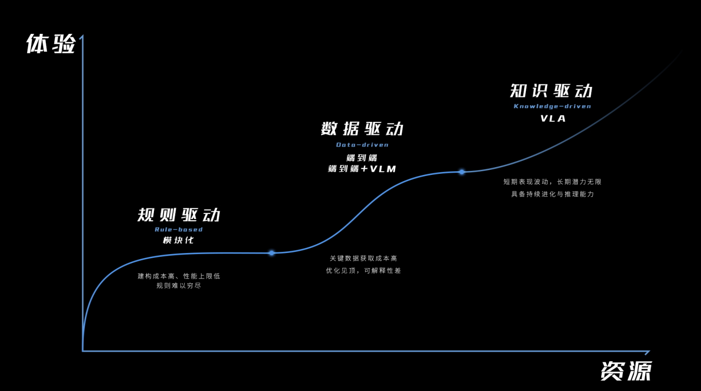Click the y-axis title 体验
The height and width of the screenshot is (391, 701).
pyautogui.click(x=50, y=44)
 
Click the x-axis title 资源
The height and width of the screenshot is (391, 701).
pyautogui.click(x=626, y=371)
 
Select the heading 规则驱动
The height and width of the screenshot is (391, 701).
pyautogui.click(x=179, y=215)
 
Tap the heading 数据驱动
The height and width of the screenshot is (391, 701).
pyautogui.click(x=362, y=129)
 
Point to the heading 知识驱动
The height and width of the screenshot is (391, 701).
pyautogui.click(x=551, y=91)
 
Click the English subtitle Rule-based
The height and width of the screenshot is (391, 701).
pyautogui.click(x=179, y=229)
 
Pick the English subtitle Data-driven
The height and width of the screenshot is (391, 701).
pyautogui.click(x=362, y=145)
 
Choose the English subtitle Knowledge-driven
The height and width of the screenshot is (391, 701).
pyautogui.click(x=552, y=106)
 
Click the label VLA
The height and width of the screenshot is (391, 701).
pyautogui.click(x=553, y=118)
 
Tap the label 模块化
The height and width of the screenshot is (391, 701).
pyautogui.click(x=178, y=241)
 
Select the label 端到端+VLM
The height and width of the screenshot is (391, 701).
pyautogui.click(x=362, y=169)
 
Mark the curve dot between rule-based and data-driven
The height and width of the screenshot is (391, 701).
pyautogui.click(x=271, y=253)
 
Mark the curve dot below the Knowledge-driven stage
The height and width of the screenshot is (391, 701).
pyautogui.click(x=462, y=172)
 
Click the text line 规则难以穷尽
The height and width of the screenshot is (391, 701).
pyautogui.click(x=179, y=286)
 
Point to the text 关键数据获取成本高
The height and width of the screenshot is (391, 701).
pyautogui.click(x=364, y=258)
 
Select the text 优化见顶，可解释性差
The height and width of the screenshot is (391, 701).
pyautogui.click(x=364, y=271)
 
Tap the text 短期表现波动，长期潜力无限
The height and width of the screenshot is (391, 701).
pyautogui.click(x=552, y=182)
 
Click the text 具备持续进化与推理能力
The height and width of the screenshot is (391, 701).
pyautogui.click(x=552, y=194)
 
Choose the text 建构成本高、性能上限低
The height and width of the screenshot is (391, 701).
pyautogui.click(x=179, y=276)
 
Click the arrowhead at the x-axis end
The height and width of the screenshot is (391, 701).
pyautogui.click(x=648, y=351)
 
